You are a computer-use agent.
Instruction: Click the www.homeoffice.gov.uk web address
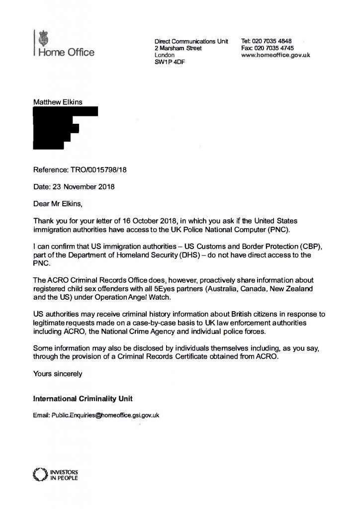pos(275,56)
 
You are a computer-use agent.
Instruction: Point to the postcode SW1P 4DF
pos(170,62)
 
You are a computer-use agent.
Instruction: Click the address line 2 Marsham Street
pos(178,48)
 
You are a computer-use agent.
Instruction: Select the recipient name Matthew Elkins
pos(58,102)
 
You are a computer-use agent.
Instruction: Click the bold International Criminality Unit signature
pos(83,399)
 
